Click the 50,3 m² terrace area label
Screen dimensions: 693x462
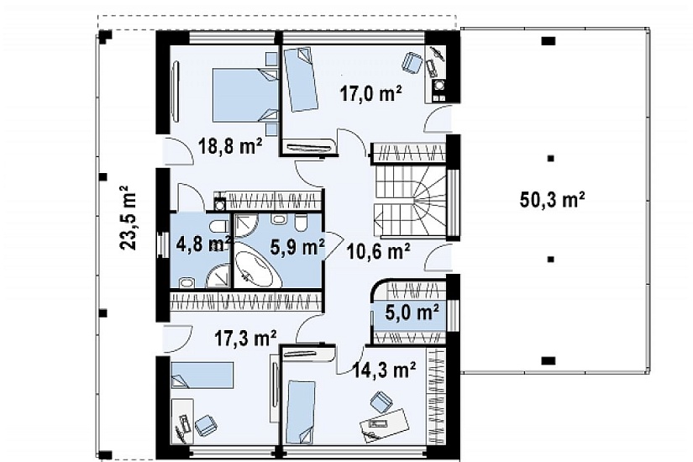(553, 200)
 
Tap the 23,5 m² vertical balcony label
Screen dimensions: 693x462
(129, 218)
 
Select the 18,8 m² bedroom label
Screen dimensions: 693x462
(230, 145)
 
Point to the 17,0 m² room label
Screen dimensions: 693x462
(370, 94)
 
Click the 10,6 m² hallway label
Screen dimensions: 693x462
(378, 251)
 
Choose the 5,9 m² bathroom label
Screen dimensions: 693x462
(297, 247)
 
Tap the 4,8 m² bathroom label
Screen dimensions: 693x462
(203, 244)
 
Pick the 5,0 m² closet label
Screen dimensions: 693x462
(412, 312)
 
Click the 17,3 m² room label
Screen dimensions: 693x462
(246, 339)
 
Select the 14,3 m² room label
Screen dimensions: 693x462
(384, 370)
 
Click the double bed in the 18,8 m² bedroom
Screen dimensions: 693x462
(245, 95)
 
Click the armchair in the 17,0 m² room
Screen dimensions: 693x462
(412, 62)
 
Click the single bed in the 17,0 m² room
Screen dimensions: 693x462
(300, 80)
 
